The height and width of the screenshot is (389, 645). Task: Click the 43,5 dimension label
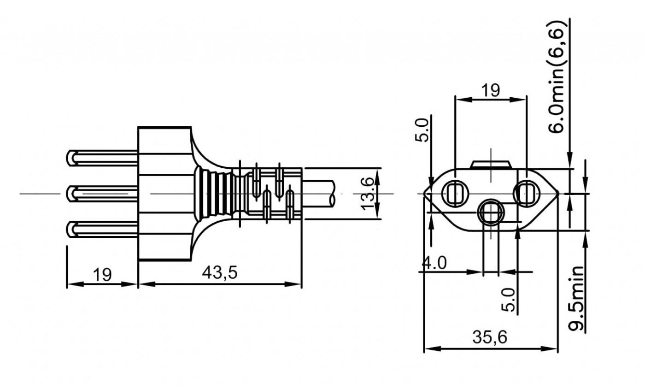[220, 272]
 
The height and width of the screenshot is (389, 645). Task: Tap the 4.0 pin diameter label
[434, 263]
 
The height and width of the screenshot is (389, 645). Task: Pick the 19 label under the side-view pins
[102, 275]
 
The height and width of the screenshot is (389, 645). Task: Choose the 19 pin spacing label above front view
[491, 90]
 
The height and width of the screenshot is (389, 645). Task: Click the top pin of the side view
[102, 158]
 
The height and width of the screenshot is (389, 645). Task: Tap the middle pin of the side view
[102, 194]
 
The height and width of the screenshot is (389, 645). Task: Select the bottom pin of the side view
[102, 229]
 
